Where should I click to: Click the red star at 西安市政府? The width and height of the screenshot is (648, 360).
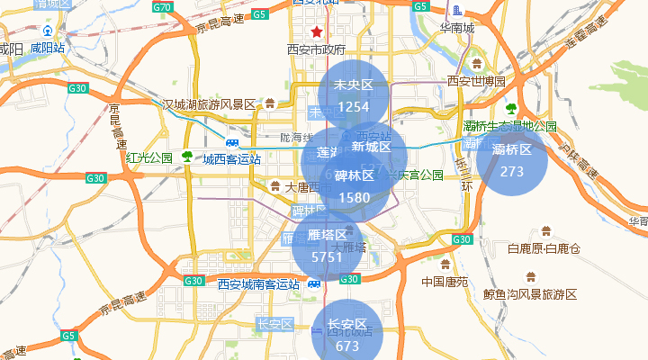point(316,31)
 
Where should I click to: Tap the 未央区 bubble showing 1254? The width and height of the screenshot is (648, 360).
point(353,95)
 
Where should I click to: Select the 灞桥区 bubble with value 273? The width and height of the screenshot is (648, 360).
point(512,160)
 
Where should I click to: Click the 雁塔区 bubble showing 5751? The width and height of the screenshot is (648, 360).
point(327,246)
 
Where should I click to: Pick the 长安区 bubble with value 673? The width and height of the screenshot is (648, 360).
point(347,334)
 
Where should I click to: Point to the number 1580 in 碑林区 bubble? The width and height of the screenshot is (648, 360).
point(355,197)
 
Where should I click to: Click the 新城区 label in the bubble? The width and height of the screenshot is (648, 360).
point(372,147)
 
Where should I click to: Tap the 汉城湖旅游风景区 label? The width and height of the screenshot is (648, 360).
point(209,104)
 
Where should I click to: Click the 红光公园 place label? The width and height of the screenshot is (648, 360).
point(149,158)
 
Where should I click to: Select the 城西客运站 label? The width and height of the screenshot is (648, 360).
point(231,159)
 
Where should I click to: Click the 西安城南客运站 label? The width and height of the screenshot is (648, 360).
point(258,284)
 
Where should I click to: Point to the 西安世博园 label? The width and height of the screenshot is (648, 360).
point(476,81)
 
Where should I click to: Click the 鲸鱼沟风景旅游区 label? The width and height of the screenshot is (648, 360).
point(529,294)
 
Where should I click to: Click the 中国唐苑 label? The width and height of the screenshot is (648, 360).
point(445,282)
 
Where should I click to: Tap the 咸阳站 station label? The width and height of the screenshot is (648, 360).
point(47,47)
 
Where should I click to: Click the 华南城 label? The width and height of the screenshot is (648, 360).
point(457,28)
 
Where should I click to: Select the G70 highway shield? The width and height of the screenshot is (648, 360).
point(162,7)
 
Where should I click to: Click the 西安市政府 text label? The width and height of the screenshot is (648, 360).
point(316,49)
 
